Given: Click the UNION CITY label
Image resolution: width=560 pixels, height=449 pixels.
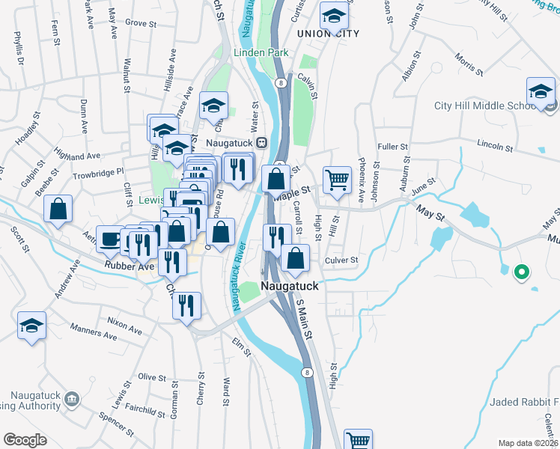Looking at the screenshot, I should (327, 34).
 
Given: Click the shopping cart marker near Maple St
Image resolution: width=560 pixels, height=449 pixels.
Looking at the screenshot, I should (337, 180).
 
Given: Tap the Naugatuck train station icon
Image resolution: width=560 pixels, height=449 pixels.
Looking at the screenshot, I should (262, 142).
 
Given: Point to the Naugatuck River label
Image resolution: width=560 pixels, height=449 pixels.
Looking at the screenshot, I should (240, 273).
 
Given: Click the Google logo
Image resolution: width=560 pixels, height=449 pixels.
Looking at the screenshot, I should (25, 440).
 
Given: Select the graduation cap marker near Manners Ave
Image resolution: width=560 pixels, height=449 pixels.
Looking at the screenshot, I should (32, 326).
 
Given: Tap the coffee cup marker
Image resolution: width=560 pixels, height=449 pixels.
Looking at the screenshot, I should (110, 239).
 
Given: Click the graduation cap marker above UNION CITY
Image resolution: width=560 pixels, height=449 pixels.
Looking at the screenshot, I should (333, 15).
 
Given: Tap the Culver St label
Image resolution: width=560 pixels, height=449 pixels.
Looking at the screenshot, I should (342, 260).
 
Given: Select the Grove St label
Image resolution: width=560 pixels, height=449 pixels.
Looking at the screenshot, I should (140, 23).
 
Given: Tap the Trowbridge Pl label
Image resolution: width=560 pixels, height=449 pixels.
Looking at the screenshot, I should (98, 173).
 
